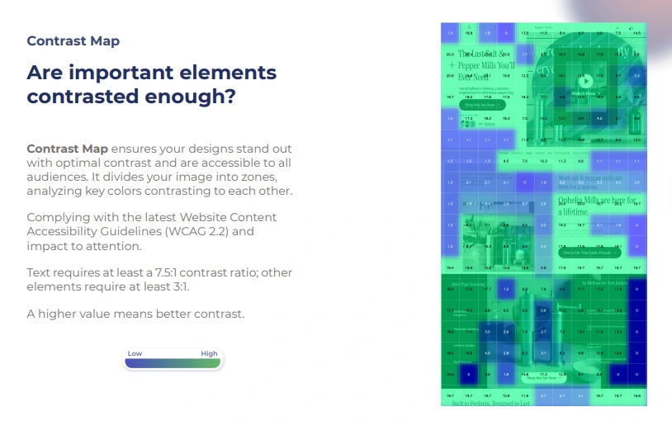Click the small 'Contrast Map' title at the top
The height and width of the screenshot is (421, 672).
click(x=73, y=40)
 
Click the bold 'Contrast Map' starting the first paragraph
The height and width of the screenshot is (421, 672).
click(x=67, y=149)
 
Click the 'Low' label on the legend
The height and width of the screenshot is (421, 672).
click(x=135, y=353)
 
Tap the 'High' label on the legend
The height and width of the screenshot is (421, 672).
click(x=209, y=353)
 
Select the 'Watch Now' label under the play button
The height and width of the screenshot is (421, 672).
click(x=584, y=93)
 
